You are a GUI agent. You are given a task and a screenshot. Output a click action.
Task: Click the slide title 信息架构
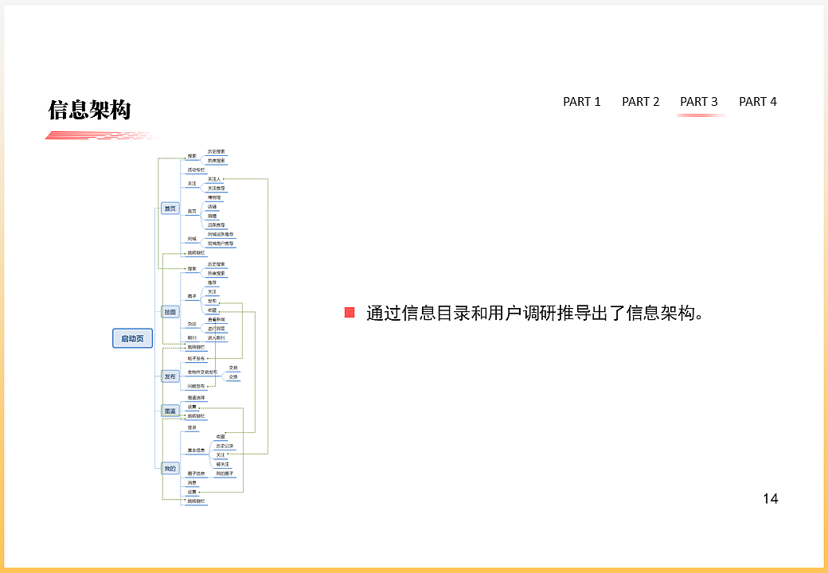(x=89, y=110)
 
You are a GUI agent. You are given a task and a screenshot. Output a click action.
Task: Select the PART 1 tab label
(x=582, y=102)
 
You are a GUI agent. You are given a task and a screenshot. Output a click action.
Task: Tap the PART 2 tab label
(x=641, y=102)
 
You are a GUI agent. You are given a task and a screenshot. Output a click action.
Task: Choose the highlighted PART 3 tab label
(x=699, y=102)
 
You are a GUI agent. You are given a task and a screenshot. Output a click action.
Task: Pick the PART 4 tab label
(x=758, y=102)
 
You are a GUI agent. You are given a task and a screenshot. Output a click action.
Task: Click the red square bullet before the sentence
(x=350, y=313)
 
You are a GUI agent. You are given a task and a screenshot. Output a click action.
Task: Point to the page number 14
(x=770, y=499)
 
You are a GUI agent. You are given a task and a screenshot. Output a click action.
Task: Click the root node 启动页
(x=132, y=338)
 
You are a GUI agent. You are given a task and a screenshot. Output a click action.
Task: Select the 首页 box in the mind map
(x=170, y=209)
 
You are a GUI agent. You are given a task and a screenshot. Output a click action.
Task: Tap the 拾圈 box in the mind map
(x=170, y=312)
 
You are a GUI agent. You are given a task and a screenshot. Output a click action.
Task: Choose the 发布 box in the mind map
(x=170, y=376)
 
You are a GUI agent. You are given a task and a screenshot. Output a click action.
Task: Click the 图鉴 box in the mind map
(x=170, y=411)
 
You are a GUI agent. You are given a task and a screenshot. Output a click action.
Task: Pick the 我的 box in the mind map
(x=170, y=469)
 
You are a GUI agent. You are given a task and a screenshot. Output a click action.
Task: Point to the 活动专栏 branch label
(x=196, y=170)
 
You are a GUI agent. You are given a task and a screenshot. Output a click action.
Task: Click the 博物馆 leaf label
(x=215, y=197)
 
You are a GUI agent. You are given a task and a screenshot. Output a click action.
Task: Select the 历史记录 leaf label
(x=225, y=446)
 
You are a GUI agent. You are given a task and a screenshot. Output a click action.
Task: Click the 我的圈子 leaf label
(x=225, y=474)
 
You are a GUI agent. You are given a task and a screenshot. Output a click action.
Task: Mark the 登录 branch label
(x=192, y=427)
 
